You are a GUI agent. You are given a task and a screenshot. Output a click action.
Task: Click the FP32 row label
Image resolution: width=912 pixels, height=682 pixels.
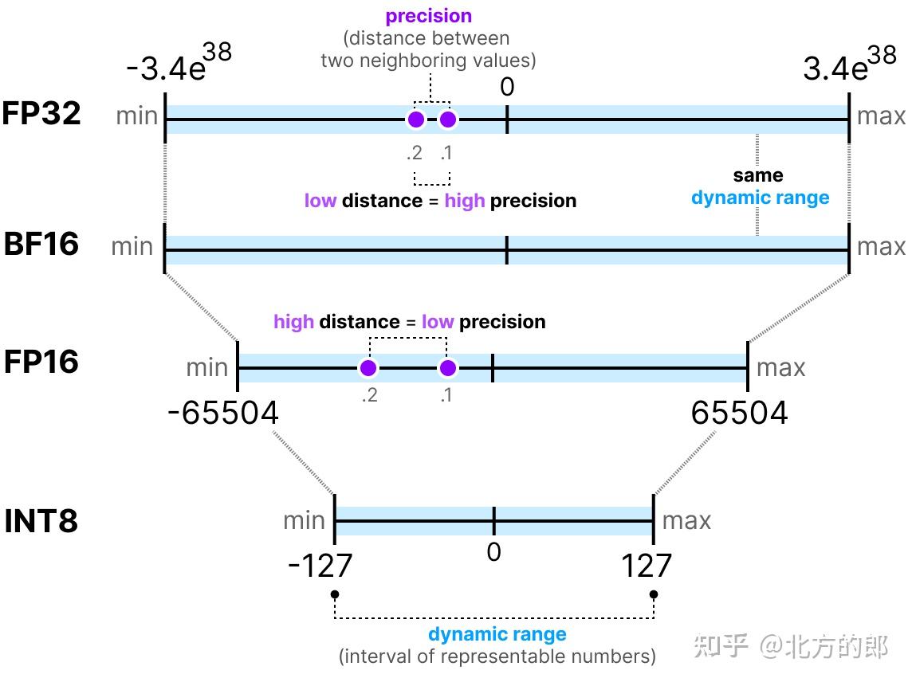pyautogui.click(x=41, y=114)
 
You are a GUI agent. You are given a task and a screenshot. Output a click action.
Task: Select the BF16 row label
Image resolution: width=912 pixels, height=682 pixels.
pyautogui.click(x=41, y=243)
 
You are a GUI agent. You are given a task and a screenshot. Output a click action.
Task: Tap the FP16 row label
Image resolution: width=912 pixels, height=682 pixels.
pyautogui.click(x=41, y=362)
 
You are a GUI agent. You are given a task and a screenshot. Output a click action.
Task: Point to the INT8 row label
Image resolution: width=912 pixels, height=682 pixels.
pyautogui.click(x=41, y=522)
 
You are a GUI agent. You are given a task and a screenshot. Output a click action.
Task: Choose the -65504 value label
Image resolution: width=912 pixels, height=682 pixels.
pyautogui.click(x=223, y=414)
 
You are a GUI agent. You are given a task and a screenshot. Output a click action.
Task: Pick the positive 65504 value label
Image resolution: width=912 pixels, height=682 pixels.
pyautogui.click(x=739, y=414)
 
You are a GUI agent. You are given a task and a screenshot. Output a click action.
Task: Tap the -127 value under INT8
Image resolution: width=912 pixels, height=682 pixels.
pyautogui.click(x=320, y=566)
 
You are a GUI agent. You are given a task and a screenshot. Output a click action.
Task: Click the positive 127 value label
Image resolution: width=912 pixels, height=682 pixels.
pyautogui.click(x=647, y=566)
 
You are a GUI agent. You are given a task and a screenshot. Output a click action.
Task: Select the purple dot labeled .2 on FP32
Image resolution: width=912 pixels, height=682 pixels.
pyautogui.click(x=415, y=120)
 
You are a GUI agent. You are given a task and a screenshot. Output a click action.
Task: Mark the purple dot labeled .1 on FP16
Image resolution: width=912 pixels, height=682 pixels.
pyautogui.click(x=448, y=368)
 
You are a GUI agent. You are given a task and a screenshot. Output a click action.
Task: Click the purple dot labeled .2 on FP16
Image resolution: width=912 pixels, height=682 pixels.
pyautogui.click(x=368, y=368)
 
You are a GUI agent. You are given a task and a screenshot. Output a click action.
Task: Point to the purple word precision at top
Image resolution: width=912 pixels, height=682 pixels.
pyautogui.click(x=429, y=16)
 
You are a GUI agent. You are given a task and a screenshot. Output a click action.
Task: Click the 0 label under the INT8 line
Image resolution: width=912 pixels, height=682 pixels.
pyautogui.click(x=493, y=552)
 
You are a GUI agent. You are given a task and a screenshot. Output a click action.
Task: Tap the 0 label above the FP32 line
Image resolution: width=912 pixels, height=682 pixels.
pyautogui.click(x=507, y=87)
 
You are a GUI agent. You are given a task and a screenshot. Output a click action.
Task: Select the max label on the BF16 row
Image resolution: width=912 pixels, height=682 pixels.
pyautogui.click(x=881, y=246)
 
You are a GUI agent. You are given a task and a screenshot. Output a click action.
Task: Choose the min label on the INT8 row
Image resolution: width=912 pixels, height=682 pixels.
pyautogui.click(x=305, y=521)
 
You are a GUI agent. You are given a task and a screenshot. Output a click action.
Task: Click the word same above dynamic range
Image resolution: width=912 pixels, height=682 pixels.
pyautogui.click(x=758, y=175)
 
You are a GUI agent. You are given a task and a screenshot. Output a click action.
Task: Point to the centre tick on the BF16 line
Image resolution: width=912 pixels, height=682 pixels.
pyautogui.click(x=507, y=250)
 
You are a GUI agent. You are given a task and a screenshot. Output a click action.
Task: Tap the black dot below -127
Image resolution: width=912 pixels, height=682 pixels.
pyautogui.click(x=335, y=594)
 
